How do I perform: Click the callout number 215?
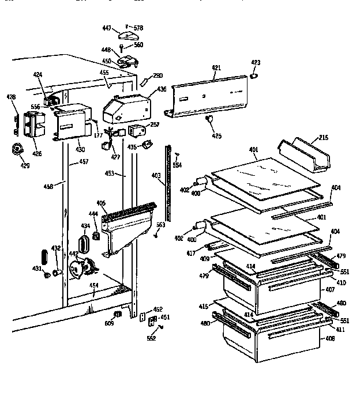[x=322, y=138]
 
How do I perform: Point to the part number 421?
[x=216, y=67]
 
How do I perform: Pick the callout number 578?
[x=138, y=28]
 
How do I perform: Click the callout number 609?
[x=108, y=323]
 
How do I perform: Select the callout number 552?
[x=151, y=338]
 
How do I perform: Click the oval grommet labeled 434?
[x=83, y=243]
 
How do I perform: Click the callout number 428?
[x=10, y=98]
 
